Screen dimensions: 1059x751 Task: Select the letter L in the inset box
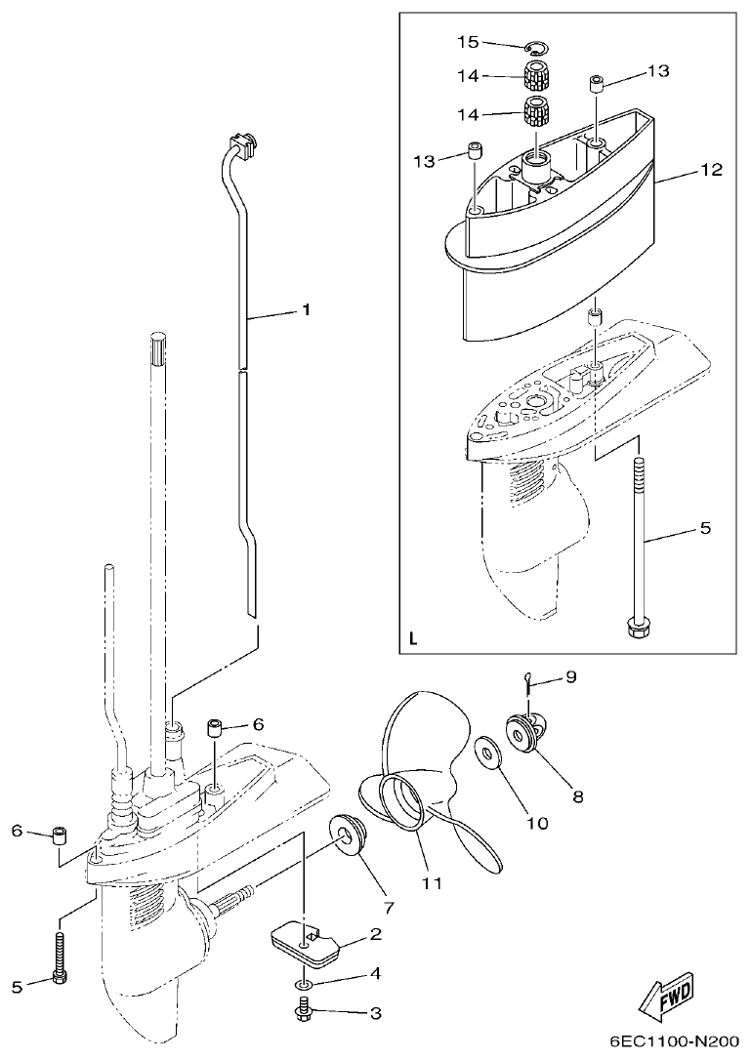coord(414,641)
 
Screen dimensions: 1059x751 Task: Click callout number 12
coord(710,170)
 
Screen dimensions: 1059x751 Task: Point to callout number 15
coord(469,41)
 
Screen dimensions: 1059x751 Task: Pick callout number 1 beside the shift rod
coord(305,310)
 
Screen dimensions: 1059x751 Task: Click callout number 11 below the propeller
coord(432,883)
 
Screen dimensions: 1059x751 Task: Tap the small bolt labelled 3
coord(303,1010)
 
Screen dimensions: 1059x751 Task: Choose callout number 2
coord(374,935)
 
